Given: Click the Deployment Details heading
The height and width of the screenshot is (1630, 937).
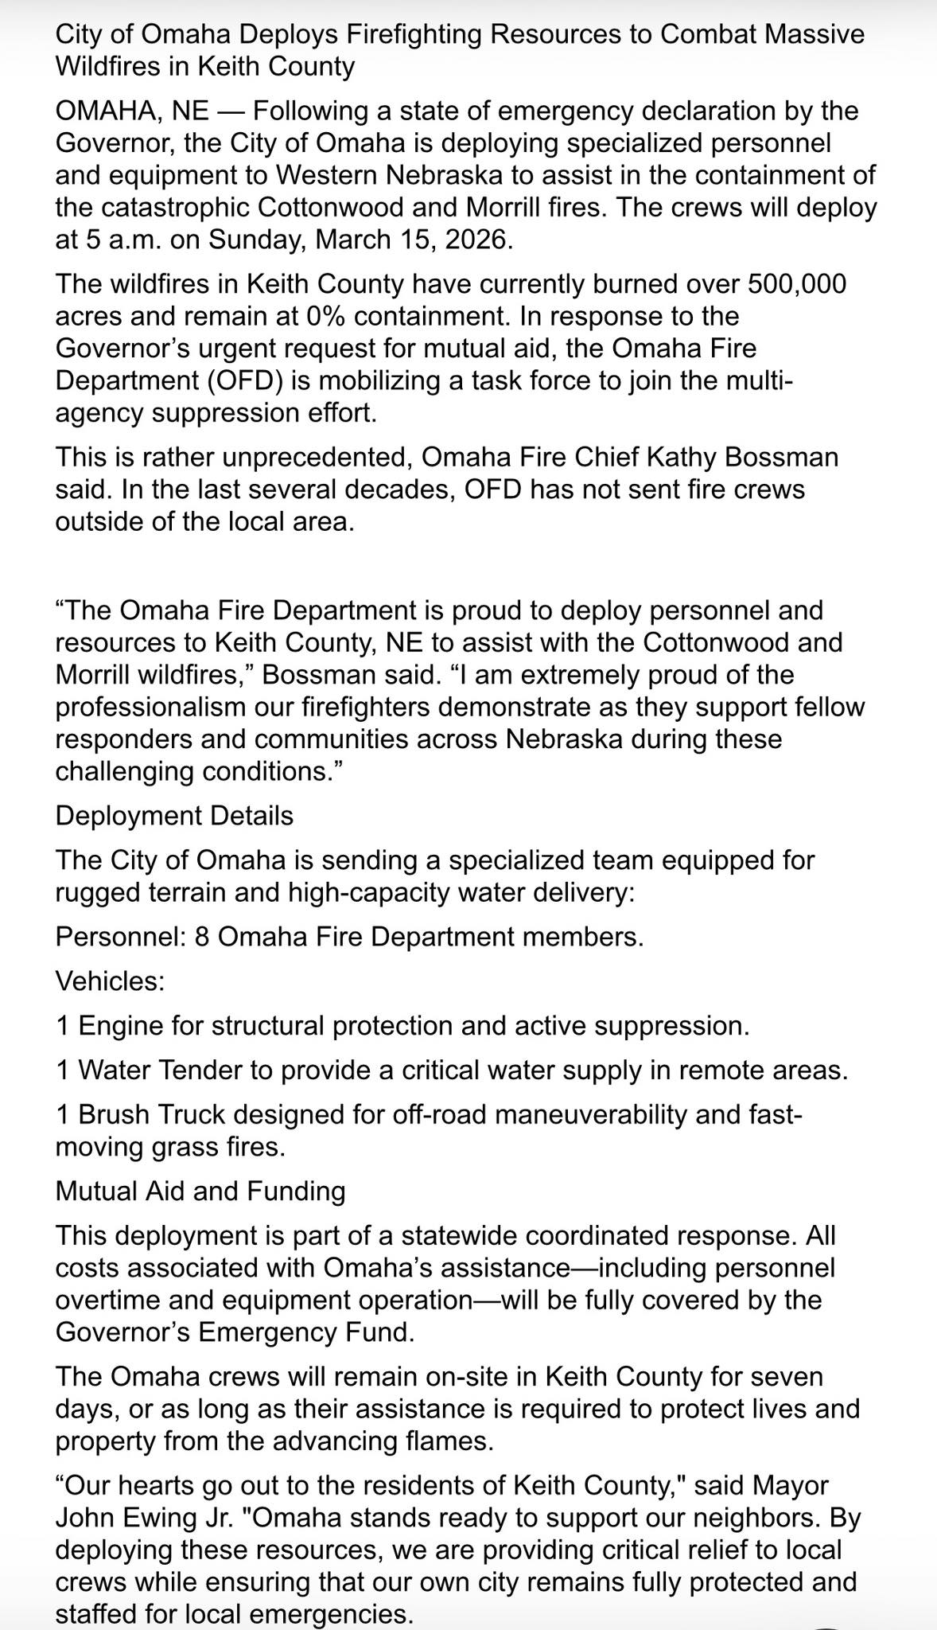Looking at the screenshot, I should (x=174, y=815).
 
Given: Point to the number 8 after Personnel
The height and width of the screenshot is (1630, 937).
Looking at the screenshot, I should (x=202, y=936).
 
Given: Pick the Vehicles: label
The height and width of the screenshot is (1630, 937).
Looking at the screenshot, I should (x=110, y=981).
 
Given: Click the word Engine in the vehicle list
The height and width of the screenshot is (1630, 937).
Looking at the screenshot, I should (x=122, y=1025).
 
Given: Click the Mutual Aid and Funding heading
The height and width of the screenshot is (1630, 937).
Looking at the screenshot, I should (x=200, y=1191).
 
